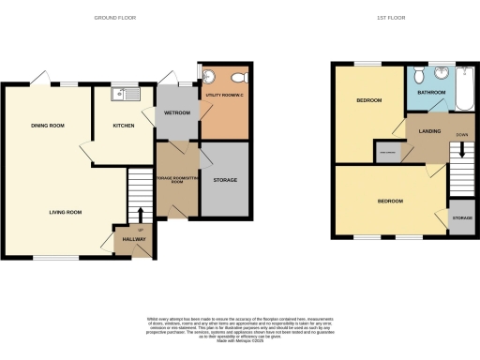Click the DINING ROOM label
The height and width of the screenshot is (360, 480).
pyautogui.click(x=46, y=125)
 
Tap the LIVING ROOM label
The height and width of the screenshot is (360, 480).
pyautogui.click(x=66, y=212)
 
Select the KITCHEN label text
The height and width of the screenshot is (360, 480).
pyautogui.click(x=124, y=125)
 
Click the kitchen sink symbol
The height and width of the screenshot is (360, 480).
pyautogui.click(x=124, y=93)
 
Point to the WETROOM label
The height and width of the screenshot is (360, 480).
pyautogui.click(x=177, y=113)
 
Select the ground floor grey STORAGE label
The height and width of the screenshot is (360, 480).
pyautogui.click(x=225, y=179)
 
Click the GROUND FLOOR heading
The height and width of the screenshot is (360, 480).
pyautogui.click(x=135, y=18)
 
